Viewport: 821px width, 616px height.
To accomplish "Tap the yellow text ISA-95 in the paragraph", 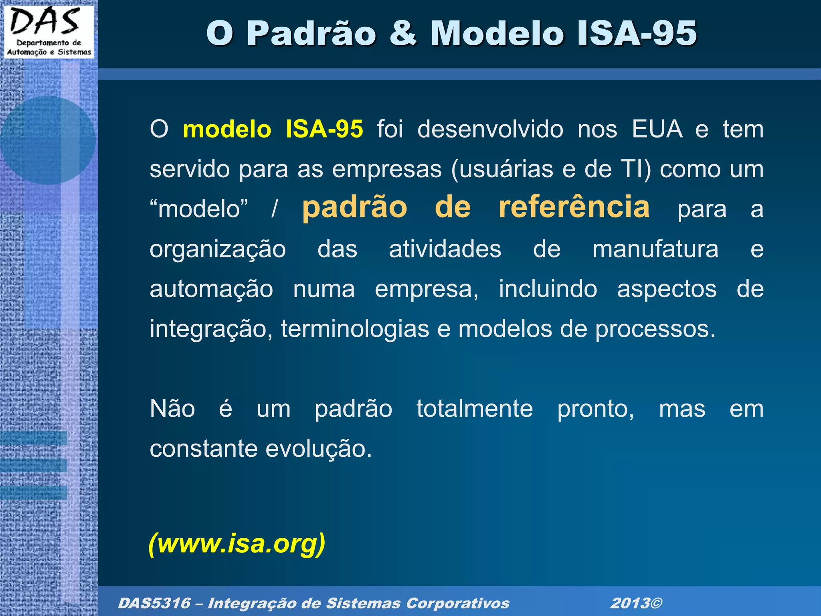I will [324, 129].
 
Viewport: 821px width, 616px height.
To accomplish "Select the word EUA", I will [657, 129].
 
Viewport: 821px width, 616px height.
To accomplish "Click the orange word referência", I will [574, 207].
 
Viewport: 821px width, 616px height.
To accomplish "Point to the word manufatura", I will [655, 249].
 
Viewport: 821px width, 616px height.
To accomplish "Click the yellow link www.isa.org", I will [237, 543].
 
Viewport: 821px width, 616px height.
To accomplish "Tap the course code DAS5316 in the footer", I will [154, 603].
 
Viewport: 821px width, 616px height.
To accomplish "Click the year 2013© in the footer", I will [636, 603].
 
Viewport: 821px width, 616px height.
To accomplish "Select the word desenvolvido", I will [490, 129].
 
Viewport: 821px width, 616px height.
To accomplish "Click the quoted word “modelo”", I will [199, 209].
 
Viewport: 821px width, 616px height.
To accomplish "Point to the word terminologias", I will [355, 329].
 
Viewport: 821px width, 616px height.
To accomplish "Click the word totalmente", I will [475, 409].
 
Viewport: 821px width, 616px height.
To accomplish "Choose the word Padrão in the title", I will [311, 33].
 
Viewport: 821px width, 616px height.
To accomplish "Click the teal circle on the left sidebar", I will [48, 140].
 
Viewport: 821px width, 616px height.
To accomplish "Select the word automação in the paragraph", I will [211, 289].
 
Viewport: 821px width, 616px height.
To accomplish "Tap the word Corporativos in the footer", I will [457, 603].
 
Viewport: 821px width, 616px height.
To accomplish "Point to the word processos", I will [655, 329].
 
